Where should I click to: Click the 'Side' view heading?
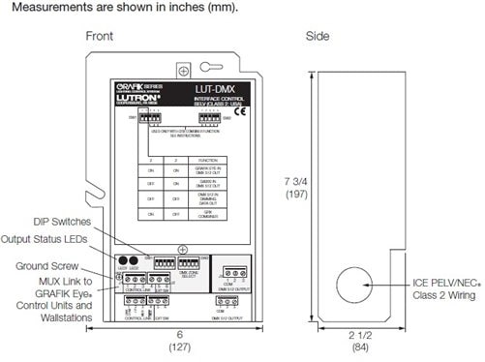pos(346,36)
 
